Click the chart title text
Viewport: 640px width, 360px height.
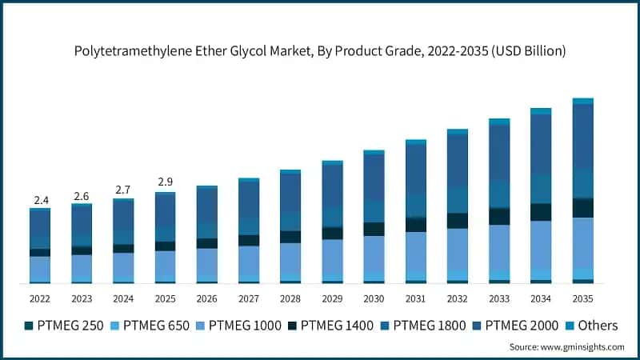320,51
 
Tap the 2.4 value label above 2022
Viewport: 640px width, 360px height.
40,199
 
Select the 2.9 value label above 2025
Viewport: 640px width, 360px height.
165,183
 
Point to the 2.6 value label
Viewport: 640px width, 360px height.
82,195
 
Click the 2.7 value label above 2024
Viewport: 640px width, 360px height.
123,190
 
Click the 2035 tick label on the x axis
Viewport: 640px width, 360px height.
583,299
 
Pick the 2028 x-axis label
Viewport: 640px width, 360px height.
290,299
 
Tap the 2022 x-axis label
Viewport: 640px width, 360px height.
40,299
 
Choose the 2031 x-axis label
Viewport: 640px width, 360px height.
416,299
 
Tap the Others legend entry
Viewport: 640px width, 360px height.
592,326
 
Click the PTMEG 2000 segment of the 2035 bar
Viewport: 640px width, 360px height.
583,136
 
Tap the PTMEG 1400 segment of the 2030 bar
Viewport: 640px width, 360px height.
374,229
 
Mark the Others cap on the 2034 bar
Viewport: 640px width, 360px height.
542,111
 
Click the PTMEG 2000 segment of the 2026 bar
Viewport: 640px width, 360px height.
207,205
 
